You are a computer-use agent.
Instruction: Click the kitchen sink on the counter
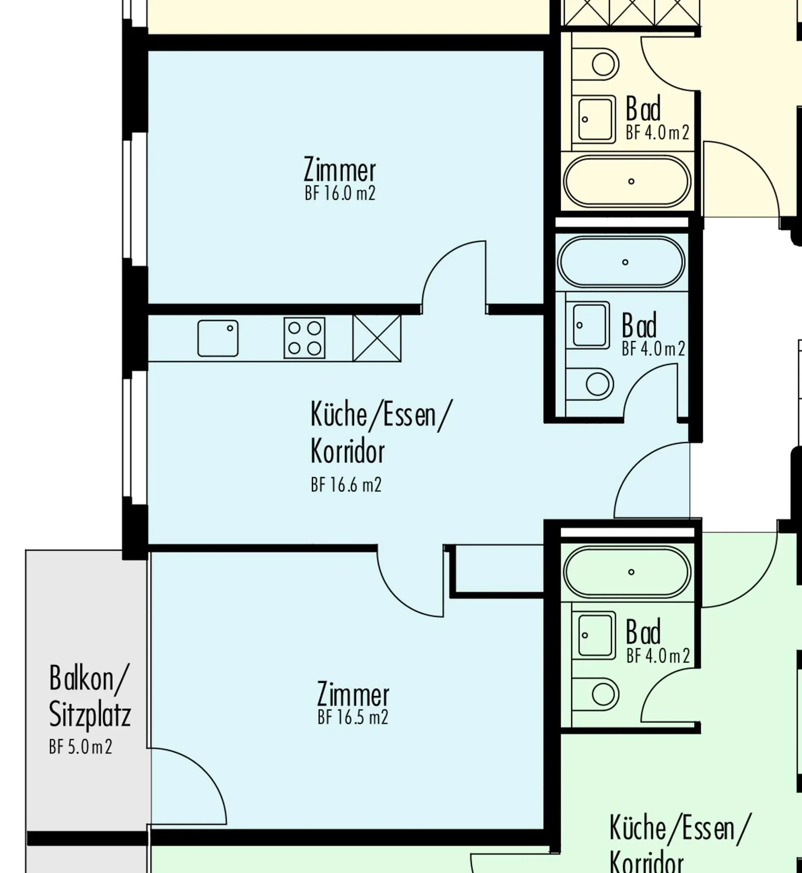pyautogui.click(x=218, y=338)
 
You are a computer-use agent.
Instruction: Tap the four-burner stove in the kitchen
pyautogui.click(x=304, y=338)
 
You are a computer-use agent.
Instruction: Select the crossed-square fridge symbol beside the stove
pyautogui.click(x=377, y=338)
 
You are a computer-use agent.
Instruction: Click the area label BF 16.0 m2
pyautogui.click(x=340, y=193)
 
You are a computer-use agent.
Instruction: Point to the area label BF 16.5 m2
pyautogui.click(x=353, y=717)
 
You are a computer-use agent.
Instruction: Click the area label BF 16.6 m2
pyautogui.click(x=346, y=484)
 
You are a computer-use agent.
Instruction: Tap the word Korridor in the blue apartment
pyautogui.click(x=348, y=451)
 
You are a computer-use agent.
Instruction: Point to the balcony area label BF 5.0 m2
pyautogui.click(x=81, y=747)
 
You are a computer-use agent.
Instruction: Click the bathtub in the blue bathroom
pyautogui.click(x=621, y=262)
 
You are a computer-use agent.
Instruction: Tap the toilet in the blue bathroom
pyautogui.click(x=591, y=384)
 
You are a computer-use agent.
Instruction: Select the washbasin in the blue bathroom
pyautogui.click(x=591, y=325)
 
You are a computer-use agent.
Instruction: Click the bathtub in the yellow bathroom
pyautogui.click(x=627, y=181)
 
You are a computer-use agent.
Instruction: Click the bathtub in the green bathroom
pyautogui.click(x=627, y=572)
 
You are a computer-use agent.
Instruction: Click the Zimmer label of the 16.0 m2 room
pyautogui.click(x=340, y=170)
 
